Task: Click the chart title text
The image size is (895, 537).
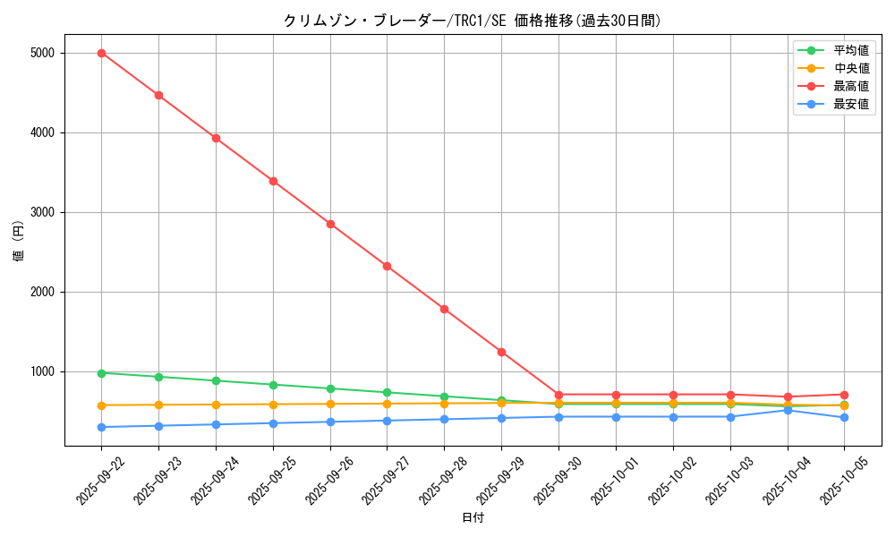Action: [x=473, y=21]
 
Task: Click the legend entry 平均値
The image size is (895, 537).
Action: [x=850, y=51]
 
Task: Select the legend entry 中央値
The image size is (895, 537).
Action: [x=850, y=69]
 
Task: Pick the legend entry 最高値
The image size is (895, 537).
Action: [x=850, y=87]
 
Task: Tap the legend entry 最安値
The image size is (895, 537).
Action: [x=850, y=105]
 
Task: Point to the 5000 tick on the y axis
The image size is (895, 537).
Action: [x=42, y=53]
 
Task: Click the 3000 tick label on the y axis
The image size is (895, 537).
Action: [x=42, y=212]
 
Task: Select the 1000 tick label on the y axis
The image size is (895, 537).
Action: [x=42, y=371]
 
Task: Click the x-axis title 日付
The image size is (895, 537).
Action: [x=473, y=518]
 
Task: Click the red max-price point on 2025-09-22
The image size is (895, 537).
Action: [x=101, y=53]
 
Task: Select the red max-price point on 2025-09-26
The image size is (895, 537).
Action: [x=330, y=224]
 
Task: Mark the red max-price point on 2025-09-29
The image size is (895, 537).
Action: [x=501, y=352]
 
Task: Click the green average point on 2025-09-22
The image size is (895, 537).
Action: [x=101, y=373]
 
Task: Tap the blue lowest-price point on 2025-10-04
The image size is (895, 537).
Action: [x=788, y=410]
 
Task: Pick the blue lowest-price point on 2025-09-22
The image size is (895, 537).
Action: [x=101, y=427]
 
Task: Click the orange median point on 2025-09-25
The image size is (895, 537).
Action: [x=273, y=405]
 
